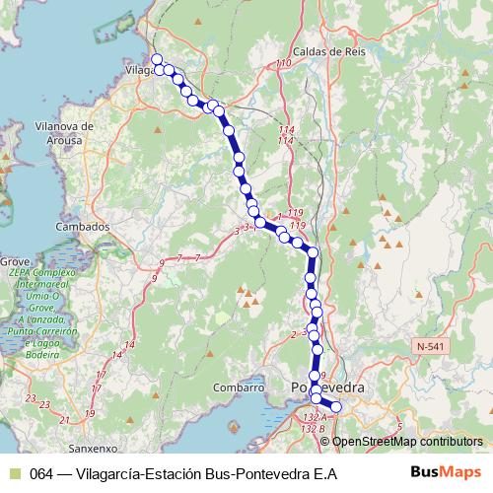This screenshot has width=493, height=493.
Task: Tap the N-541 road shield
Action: (431, 346)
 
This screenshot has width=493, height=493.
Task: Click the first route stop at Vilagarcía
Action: (157, 60)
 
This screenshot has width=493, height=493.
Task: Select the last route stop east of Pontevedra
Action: (334, 406)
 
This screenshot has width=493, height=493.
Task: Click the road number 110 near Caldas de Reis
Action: (285, 64)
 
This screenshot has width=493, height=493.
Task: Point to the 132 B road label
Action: (314, 429)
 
